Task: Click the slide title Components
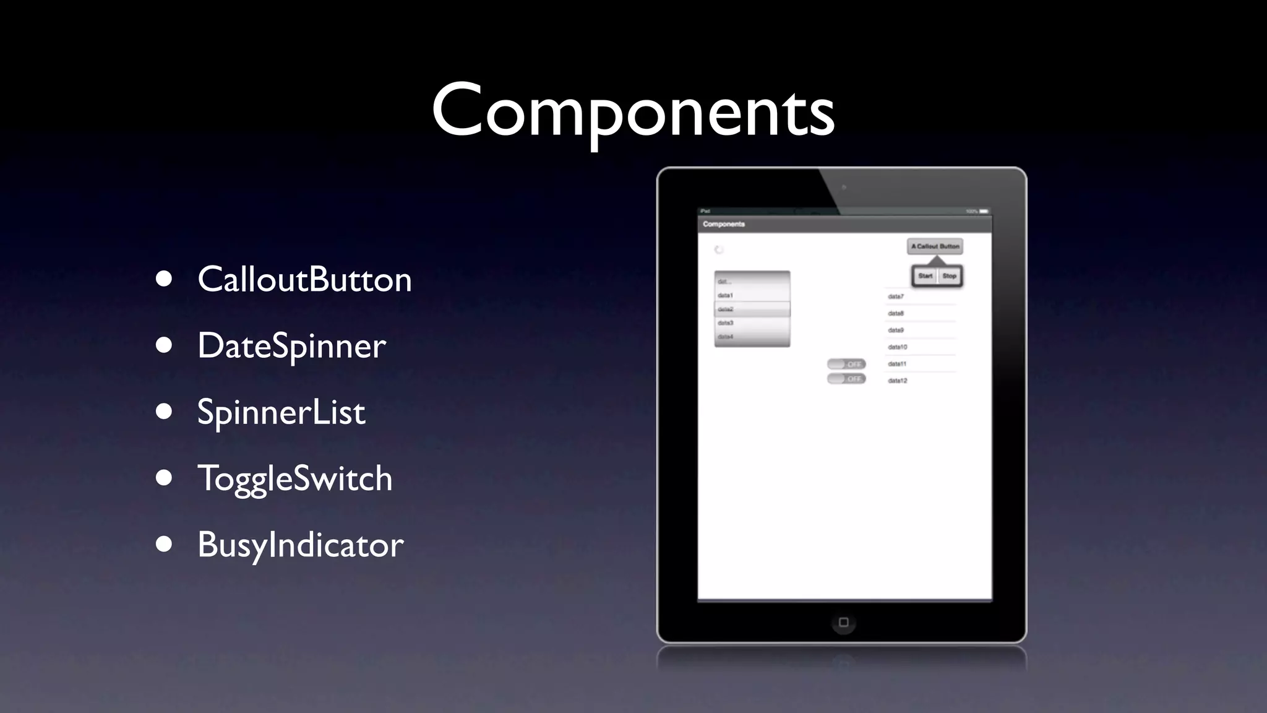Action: tap(633, 111)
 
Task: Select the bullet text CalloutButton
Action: tap(304, 279)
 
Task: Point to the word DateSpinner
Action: tap(291, 345)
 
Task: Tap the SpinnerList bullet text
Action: tap(281, 412)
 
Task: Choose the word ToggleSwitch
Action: tap(294, 478)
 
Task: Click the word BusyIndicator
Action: tap(300, 545)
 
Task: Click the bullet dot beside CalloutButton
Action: tap(164, 279)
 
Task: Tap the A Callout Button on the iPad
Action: tap(935, 246)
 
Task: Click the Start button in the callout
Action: tap(926, 276)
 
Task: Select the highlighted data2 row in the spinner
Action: tap(752, 309)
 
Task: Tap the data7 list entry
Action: tap(896, 296)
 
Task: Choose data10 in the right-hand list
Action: tap(898, 347)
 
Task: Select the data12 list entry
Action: tap(898, 381)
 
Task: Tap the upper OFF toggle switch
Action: tap(846, 364)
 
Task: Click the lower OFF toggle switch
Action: tap(846, 379)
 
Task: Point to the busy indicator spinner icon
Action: tap(719, 250)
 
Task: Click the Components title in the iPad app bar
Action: tap(724, 224)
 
